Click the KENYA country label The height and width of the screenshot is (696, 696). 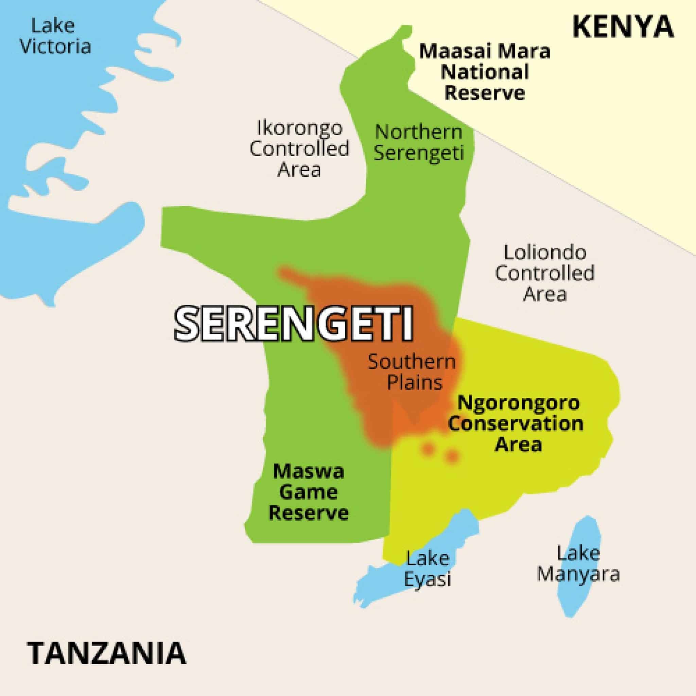click(623, 27)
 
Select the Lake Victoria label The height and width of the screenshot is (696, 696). click(55, 36)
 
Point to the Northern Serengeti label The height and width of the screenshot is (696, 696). click(419, 143)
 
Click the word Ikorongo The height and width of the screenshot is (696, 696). click(299, 128)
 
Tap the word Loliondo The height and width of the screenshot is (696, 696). click(545, 253)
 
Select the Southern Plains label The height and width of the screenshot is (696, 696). click(412, 372)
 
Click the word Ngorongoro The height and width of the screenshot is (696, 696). click(519, 402)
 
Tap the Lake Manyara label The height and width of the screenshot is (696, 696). click(578, 563)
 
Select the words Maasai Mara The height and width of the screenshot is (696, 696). click(485, 52)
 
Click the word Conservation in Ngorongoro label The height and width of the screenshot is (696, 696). click(516, 423)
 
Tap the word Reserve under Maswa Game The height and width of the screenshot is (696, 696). click(309, 512)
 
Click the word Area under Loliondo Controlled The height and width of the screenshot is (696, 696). click(545, 294)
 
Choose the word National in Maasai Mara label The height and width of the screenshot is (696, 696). click(485, 72)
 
